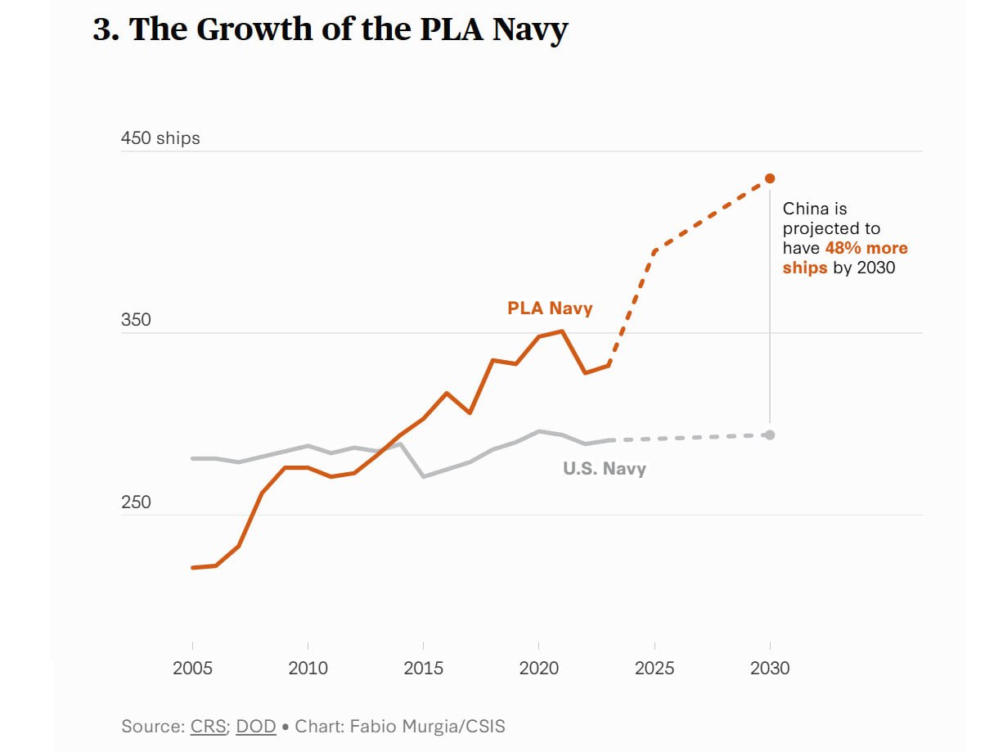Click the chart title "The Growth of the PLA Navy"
tap(349, 29)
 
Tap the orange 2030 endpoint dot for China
tap(770, 178)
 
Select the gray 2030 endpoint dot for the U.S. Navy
tap(770, 435)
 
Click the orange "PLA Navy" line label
tap(550, 308)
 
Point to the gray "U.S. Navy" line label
tap(605, 469)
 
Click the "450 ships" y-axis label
tap(160, 138)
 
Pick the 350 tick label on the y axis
tap(136, 320)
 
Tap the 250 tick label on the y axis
tap(136, 502)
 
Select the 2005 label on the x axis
tap(192, 669)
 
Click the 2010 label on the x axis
tap(308, 669)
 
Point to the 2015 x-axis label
tap(423, 669)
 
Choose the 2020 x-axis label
tap(538, 669)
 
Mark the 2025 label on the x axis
tap(654, 669)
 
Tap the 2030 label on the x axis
tap(770, 669)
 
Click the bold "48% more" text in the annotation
tap(866, 248)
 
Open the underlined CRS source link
tap(209, 726)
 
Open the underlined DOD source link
tap(256, 726)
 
